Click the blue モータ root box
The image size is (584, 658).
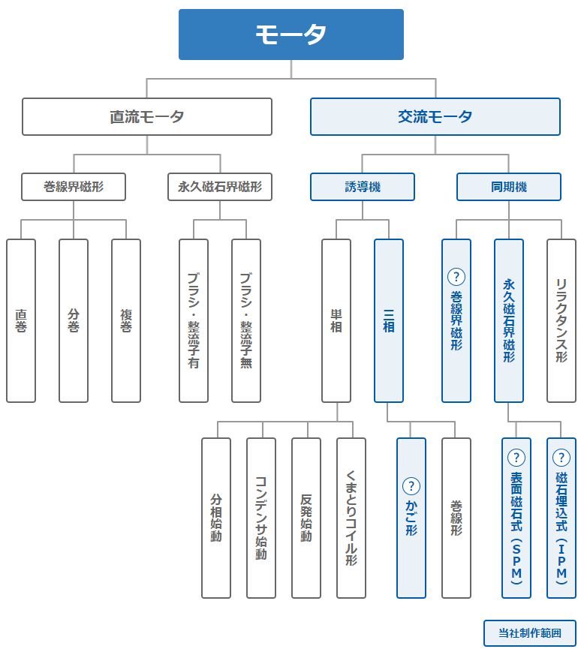pyautogui.click(x=291, y=35)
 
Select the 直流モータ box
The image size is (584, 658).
pyautogui.click(x=147, y=116)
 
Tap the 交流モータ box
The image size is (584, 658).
pyautogui.click(x=435, y=116)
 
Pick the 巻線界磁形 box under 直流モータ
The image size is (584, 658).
pyautogui.click(x=74, y=187)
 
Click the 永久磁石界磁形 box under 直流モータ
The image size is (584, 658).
pyautogui.click(x=220, y=187)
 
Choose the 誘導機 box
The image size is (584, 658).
pyautogui.click(x=363, y=187)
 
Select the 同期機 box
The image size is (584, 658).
pyautogui.click(x=509, y=187)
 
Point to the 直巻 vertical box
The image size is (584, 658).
pyautogui.click(x=21, y=320)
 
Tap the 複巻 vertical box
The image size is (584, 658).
pyautogui.click(x=126, y=320)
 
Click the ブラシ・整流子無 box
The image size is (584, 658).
pyautogui.click(x=246, y=320)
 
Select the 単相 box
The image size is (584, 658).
pyautogui.click(x=336, y=320)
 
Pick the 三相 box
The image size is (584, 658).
pyautogui.click(x=389, y=320)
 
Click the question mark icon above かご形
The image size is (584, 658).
pyautogui.click(x=411, y=486)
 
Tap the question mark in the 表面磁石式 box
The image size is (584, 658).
pyautogui.click(x=516, y=458)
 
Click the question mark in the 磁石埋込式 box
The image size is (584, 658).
pyautogui.click(x=561, y=458)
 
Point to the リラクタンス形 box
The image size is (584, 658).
pyautogui.click(x=561, y=320)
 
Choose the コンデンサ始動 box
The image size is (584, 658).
pyautogui.click(x=261, y=518)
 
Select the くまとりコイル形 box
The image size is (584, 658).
pyautogui.click(x=351, y=518)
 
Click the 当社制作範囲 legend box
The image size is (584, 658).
pyautogui.click(x=530, y=633)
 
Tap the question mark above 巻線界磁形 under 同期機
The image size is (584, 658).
pyautogui.click(x=456, y=277)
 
